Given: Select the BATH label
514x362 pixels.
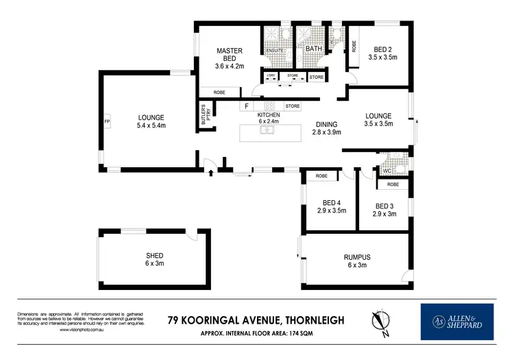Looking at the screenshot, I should [315, 49].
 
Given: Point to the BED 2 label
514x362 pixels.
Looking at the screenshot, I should [384, 49].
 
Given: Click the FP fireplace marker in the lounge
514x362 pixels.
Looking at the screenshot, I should [107, 121].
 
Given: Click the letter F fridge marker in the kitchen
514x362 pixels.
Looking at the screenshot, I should [245, 107].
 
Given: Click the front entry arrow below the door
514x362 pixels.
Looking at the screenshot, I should [210, 173].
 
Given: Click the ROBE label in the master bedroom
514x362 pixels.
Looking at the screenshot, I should [219, 92].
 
